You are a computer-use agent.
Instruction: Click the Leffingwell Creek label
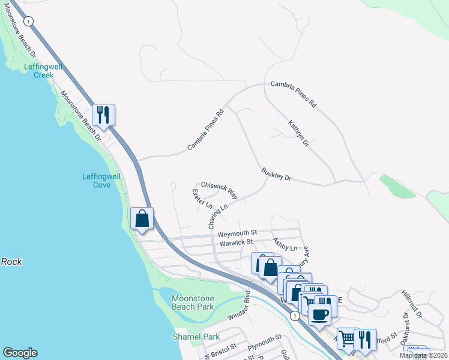coord(40,71)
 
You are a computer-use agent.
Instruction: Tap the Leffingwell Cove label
coord(96,181)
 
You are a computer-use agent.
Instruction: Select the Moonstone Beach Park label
coord(193,302)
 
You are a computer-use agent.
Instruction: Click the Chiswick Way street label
coord(219,190)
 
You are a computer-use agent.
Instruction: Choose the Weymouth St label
coord(237,232)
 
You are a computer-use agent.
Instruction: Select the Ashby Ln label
coord(285,244)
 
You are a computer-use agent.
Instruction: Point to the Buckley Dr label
coord(276,175)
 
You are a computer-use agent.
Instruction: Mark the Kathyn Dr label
coord(298,134)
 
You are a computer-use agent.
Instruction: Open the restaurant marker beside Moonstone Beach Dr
coord(103,115)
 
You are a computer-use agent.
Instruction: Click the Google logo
coord(20,353)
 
